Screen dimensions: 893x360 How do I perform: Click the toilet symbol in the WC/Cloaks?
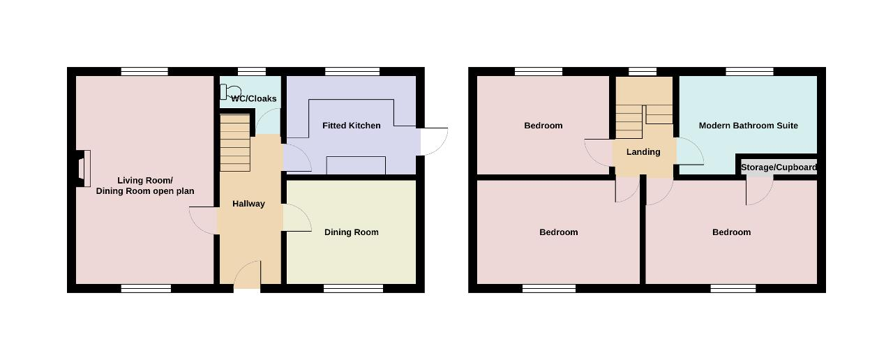click(x=230, y=92)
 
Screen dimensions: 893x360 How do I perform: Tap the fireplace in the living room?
click(x=83, y=168)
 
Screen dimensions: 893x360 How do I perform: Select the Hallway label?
click(x=249, y=204)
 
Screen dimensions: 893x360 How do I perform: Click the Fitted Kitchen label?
click(x=351, y=126)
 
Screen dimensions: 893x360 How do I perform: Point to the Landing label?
click(x=643, y=152)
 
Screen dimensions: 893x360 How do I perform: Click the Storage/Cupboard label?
click(x=779, y=167)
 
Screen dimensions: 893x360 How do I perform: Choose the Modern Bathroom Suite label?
click(x=749, y=126)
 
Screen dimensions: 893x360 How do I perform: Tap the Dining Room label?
click(x=351, y=232)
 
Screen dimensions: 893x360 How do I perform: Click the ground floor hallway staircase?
click(x=235, y=143)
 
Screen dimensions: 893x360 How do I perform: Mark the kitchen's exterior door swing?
click(x=435, y=142)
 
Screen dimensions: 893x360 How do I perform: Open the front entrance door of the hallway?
click(x=248, y=275)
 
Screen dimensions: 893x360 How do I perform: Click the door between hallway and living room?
click(x=203, y=220)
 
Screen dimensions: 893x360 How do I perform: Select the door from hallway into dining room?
click(x=297, y=218)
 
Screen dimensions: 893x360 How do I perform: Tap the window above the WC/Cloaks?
click(x=252, y=71)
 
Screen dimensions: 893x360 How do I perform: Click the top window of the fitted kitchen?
click(x=352, y=71)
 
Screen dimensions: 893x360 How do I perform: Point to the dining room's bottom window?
click(x=353, y=288)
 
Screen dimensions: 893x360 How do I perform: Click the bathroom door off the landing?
click(x=690, y=151)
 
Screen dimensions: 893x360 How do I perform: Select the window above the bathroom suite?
click(x=749, y=71)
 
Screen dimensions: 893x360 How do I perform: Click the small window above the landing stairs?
click(x=643, y=71)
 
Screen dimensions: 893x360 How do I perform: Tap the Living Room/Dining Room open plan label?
click(x=145, y=186)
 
